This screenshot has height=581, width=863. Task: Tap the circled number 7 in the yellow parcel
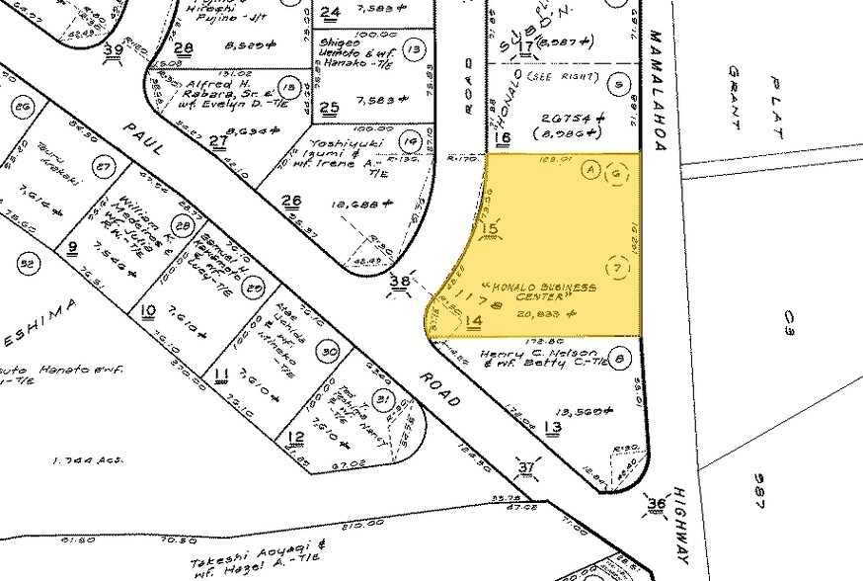click(x=619, y=268)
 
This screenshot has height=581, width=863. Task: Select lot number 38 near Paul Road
click(x=400, y=282)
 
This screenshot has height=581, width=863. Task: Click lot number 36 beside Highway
click(x=656, y=505)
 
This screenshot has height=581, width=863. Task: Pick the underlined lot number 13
click(x=551, y=427)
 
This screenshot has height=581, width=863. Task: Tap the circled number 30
click(x=330, y=351)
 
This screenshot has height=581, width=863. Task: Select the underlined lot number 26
click(x=290, y=202)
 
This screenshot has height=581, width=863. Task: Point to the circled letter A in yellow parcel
click(x=590, y=169)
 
